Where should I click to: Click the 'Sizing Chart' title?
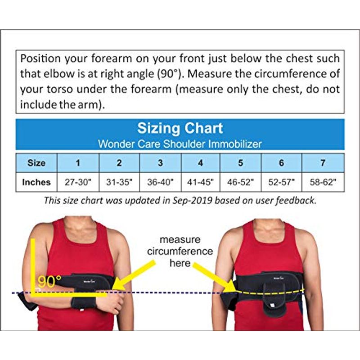180,128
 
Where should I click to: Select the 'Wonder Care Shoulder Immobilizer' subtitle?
180,144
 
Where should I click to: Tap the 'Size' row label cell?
36,163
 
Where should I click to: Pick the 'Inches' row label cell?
36,182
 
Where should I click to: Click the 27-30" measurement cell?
78,182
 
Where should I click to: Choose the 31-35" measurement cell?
119,182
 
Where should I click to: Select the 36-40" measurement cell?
160,182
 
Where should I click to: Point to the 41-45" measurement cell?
200,182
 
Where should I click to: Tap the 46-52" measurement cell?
240,182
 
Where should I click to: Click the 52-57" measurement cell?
281,182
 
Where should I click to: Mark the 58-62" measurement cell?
323,182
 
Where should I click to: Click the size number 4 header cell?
200,163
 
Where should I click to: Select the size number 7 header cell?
323,163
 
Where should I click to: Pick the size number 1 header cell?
78,163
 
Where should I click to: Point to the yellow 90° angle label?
49,282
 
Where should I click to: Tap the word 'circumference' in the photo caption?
180,252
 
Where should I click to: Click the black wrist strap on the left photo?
84,303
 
